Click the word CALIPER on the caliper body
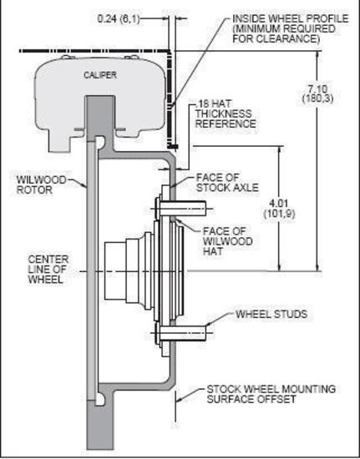[x=100, y=75]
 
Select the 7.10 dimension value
[x=318, y=93]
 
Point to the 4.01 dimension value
[x=279, y=209]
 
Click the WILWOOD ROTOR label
[x=41, y=184]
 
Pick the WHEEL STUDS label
[x=271, y=314]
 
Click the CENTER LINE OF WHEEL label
[x=48, y=270]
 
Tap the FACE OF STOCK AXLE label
[x=227, y=183]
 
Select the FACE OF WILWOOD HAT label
[x=227, y=241]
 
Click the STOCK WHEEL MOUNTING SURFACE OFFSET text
[x=271, y=394]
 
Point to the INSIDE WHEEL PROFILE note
[x=291, y=28]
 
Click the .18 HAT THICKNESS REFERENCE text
[x=226, y=113]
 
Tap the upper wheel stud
[x=180, y=209]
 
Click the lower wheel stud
[x=180, y=334]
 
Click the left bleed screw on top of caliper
[x=68, y=57]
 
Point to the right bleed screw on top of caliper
[x=131, y=57]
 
